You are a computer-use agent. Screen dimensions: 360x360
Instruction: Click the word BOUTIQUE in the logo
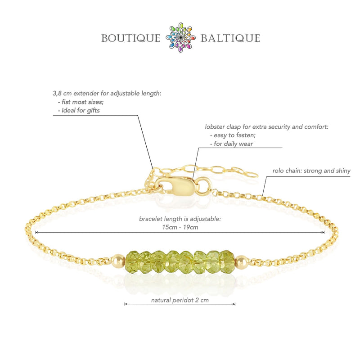[x=130, y=38]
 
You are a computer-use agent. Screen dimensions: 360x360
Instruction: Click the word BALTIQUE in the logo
[x=230, y=38]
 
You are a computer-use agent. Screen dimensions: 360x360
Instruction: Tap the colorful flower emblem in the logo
[x=181, y=37]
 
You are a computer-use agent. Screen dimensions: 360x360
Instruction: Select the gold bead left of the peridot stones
[x=119, y=261]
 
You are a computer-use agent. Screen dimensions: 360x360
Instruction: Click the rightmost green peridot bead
[x=227, y=262]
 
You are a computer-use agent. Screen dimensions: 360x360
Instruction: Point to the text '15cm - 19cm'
[x=180, y=227]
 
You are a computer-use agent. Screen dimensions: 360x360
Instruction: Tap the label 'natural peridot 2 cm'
[x=180, y=300]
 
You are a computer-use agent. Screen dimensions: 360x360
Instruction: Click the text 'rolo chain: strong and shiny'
[x=311, y=171]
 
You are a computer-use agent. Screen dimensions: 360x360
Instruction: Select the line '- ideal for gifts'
[x=79, y=110]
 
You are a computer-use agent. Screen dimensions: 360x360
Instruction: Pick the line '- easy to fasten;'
[x=233, y=135]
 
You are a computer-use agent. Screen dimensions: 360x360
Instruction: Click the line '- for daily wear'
[x=231, y=144]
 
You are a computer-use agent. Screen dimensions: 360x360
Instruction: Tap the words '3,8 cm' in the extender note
[x=62, y=94]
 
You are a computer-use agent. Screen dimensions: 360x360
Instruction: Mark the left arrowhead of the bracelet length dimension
[x=37, y=232]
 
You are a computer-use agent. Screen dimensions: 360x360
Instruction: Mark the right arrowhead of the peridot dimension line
[x=234, y=304]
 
